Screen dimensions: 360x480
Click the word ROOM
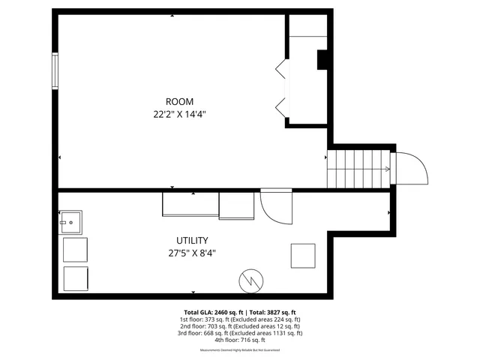[x=179, y=101]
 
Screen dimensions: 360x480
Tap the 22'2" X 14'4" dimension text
[x=179, y=115]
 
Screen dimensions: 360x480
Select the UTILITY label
[x=192, y=240]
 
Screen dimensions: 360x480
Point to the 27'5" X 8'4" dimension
[x=192, y=253]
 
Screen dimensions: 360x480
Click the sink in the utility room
[x=71, y=222]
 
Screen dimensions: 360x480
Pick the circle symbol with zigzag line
[x=250, y=280]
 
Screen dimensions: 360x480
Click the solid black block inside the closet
[x=322, y=60]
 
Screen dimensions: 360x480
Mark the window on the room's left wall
[x=55, y=70]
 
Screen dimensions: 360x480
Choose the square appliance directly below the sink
[x=75, y=249]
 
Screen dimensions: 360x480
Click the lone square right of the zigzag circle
[x=303, y=256]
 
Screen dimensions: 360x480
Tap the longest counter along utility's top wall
[x=190, y=205]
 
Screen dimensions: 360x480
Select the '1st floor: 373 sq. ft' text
[x=205, y=319]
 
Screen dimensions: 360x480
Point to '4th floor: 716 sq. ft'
[x=240, y=340]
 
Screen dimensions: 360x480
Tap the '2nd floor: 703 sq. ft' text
[x=205, y=326]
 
